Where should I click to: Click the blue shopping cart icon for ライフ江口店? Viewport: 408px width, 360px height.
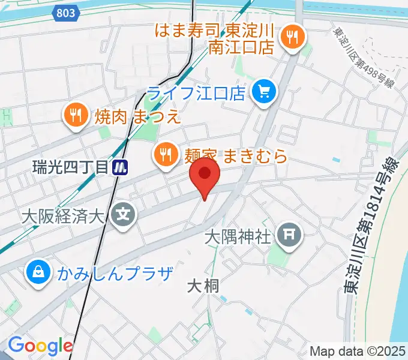click(x=264, y=92)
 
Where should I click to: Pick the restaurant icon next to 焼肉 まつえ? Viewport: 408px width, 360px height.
click(x=76, y=115)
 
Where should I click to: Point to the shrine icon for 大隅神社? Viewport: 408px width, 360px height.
click(x=290, y=234)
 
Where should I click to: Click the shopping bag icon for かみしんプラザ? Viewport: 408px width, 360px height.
click(x=37, y=274)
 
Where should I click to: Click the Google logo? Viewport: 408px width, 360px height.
click(x=40, y=346)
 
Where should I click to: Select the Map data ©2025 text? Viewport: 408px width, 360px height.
click(x=358, y=351)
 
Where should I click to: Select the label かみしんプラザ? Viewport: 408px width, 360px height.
click(x=115, y=274)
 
